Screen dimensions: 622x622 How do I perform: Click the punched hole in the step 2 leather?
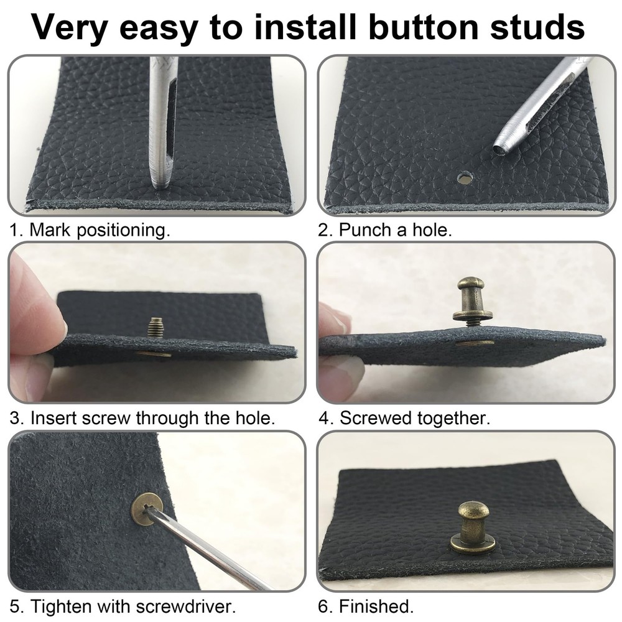pos(463,179)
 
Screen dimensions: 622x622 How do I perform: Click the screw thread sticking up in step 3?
pos(155,326)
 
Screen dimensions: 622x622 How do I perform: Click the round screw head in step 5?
pos(147,509)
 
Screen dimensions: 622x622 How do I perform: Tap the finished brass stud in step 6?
pos(473,526)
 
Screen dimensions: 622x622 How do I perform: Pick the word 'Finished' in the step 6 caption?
pos(374,605)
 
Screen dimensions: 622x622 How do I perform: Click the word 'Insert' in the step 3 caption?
pos(52,417)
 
